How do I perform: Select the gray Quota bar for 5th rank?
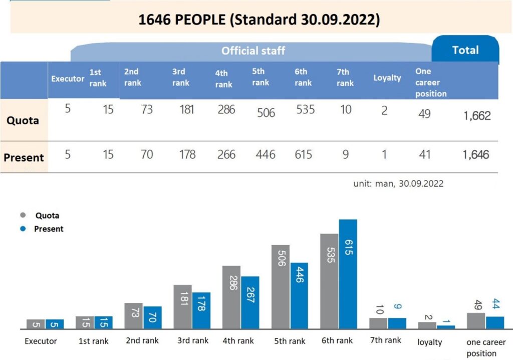coord(281,287)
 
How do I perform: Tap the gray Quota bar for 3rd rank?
coord(182,306)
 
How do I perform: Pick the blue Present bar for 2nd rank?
coord(152,317)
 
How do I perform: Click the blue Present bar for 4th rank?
coord(250,302)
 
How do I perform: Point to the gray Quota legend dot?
coord(23,216)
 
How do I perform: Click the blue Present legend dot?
coord(23,229)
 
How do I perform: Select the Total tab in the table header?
coord(465,50)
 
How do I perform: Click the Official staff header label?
coord(253,51)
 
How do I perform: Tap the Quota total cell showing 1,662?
coord(477,116)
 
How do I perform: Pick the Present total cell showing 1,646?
coord(475,155)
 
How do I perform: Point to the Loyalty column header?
coord(387,78)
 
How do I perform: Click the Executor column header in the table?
coord(68,78)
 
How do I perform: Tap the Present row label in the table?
coord(24,157)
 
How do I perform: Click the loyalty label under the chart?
coord(430,342)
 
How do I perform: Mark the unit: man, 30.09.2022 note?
coord(398,184)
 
